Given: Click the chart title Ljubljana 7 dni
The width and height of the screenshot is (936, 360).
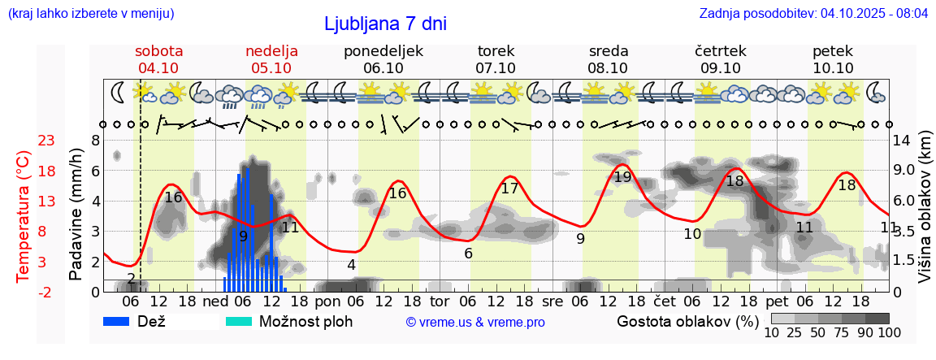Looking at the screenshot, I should click(385, 24).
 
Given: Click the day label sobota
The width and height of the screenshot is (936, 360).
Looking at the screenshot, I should click(158, 51).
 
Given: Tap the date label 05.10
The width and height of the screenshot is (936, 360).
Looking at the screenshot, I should click(271, 68).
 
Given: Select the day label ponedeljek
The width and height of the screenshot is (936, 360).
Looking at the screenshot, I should click(383, 51).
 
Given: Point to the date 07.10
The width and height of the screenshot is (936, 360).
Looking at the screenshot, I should click(496, 68).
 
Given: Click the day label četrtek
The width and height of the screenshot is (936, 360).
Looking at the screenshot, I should click(720, 51).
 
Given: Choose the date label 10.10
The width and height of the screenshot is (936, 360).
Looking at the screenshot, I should click(833, 68).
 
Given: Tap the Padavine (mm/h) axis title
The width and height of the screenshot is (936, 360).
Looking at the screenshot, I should click(76, 215).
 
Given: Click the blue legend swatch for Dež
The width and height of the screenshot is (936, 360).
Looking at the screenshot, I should click(123, 321).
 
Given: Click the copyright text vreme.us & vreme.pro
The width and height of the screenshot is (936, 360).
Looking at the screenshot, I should click(474, 323).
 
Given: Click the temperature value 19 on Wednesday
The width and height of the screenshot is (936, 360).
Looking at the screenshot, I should click(622, 177).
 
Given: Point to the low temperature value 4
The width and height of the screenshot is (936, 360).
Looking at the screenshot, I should click(351, 264).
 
